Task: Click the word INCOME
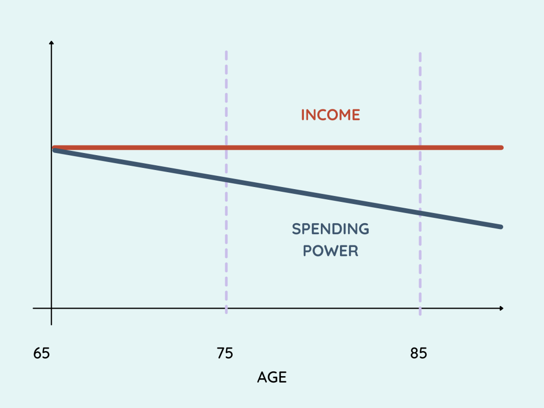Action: tap(330, 115)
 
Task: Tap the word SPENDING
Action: tap(330, 229)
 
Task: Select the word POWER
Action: tap(330, 251)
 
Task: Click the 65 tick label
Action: tap(41, 353)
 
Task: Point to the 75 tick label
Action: tap(225, 353)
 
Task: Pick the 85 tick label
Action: tap(419, 353)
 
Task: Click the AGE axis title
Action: tap(272, 377)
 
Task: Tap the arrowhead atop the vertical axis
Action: tap(52, 42)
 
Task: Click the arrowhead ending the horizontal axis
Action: tap(501, 308)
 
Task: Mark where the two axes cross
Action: tap(52, 308)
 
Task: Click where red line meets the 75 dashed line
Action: tap(226, 148)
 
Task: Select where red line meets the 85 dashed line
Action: tap(420, 148)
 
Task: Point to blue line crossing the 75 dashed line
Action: tap(226, 180)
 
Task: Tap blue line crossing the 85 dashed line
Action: tap(420, 212)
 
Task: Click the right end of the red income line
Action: tap(501, 148)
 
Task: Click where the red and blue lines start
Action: tap(55, 149)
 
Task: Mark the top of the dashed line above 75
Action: tap(226, 52)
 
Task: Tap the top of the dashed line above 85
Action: tap(420, 54)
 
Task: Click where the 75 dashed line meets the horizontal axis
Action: tap(226, 308)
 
